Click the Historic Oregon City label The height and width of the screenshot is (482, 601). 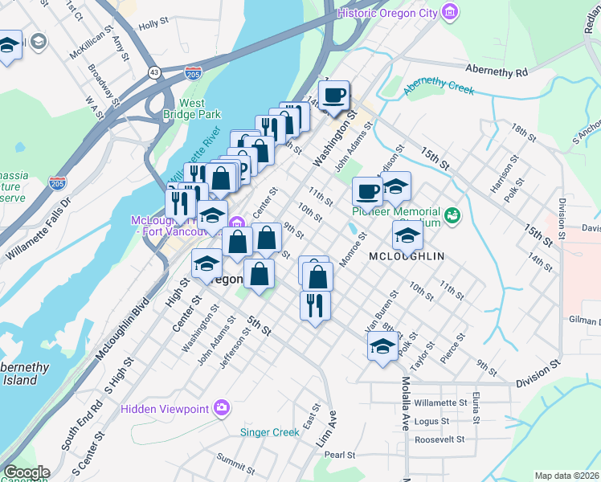coord(387,12)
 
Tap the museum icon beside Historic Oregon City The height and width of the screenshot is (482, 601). coord(450,12)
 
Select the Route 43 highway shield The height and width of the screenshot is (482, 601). coord(153,72)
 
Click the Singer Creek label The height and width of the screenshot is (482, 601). coord(270,432)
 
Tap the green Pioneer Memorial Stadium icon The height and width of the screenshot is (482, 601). coord(452,214)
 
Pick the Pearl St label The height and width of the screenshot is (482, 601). coord(340,455)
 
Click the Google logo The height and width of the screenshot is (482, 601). coord(26,472)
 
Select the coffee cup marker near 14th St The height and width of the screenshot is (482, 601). coord(333,96)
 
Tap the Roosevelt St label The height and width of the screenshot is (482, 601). coord(440,439)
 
